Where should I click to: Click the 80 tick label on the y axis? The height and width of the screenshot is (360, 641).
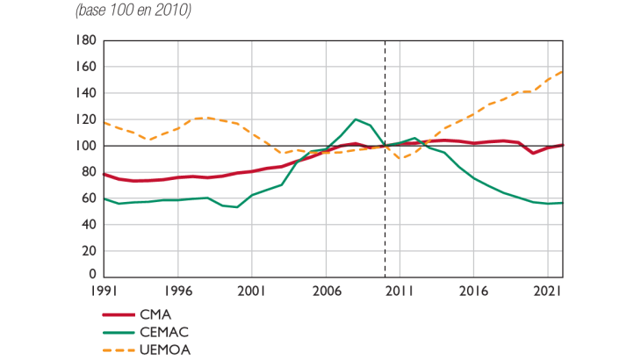pyautogui.click(x=88, y=172)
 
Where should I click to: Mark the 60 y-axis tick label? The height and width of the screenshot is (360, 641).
pyautogui.click(x=88, y=198)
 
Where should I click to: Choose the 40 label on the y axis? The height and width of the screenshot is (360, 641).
pyautogui.click(x=88, y=224)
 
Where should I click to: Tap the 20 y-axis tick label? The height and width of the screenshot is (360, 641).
pyautogui.click(x=88, y=250)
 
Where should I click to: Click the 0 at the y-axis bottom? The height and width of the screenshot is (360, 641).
pyautogui.click(x=91, y=275)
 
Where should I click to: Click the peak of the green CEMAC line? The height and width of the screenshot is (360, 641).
pyautogui.click(x=356, y=119)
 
